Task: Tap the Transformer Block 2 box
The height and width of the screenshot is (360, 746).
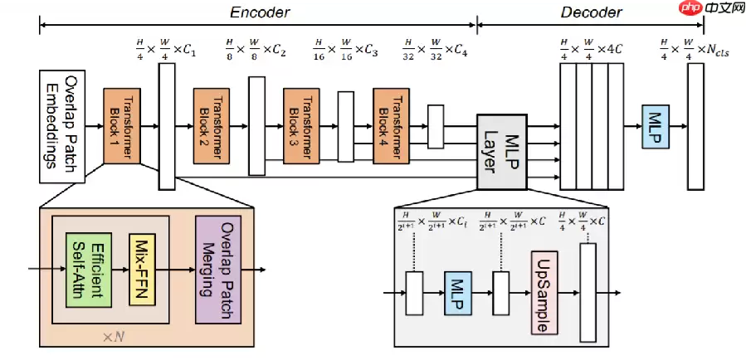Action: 211,126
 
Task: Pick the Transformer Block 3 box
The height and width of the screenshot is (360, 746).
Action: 300,126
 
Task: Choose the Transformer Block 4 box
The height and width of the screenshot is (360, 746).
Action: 390,126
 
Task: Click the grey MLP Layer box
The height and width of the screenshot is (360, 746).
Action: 499,150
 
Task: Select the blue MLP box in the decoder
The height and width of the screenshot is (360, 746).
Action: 655,126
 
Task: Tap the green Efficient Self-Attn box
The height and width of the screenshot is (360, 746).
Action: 88,270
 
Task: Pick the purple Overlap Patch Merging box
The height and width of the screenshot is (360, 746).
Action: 217,270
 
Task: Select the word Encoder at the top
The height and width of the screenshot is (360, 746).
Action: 260,12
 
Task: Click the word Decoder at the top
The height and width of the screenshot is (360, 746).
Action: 591,12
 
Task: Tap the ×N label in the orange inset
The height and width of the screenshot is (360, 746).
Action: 113,337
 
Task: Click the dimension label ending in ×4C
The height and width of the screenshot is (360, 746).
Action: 591,47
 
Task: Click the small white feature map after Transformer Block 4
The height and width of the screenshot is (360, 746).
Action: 435,126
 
